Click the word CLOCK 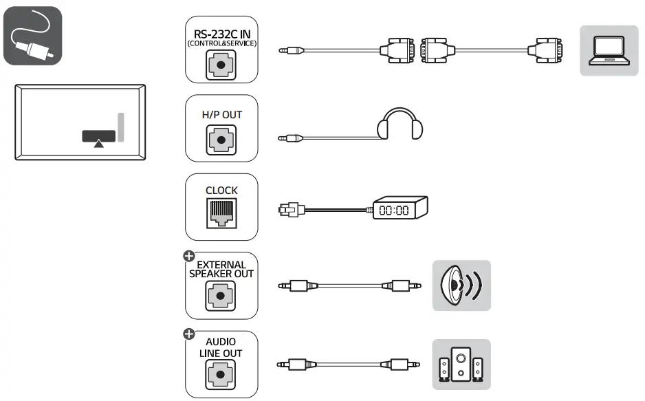coord(221,191)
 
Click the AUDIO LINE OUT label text coord(221,347)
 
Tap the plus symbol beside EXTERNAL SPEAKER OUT coord(188,256)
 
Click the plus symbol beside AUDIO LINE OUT coord(188,334)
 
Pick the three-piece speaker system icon coord(461,364)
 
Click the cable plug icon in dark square coord(32,36)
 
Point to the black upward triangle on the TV coord(100,143)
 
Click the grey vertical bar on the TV coord(121,127)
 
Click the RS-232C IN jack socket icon coord(221,67)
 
